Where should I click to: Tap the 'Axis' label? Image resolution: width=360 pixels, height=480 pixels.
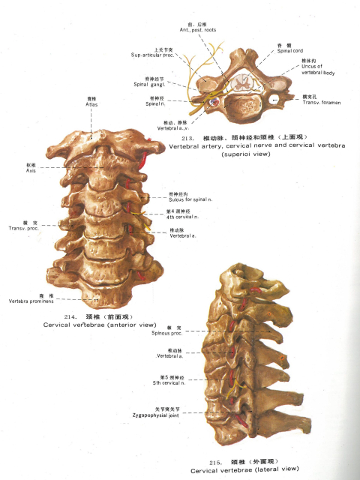point(31,171)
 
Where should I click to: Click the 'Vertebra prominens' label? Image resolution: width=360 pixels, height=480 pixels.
point(35,300)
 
